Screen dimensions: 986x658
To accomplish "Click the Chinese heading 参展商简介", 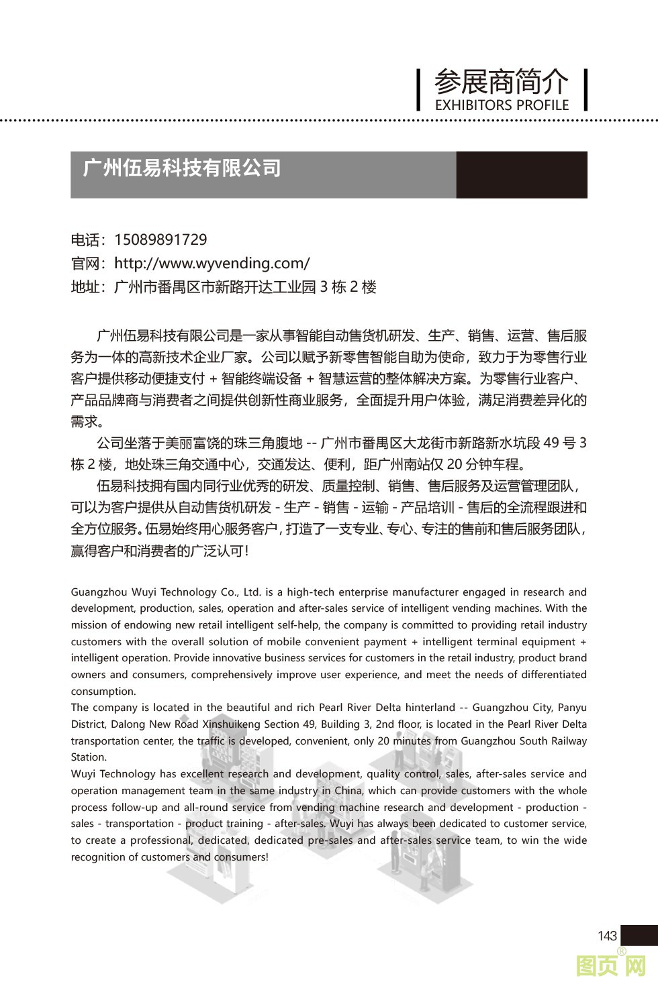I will [x=501, y=83].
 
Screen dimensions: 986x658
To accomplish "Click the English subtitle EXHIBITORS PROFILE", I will [x=502, y=105].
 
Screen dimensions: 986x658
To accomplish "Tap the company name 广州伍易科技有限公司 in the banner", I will [x=182, y=168].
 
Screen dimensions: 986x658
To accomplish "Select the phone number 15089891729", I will [x=160, y=239].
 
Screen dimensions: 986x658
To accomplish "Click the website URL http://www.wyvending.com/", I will [x=211, y=263].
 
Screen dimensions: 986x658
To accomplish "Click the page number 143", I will [x=606, y=936].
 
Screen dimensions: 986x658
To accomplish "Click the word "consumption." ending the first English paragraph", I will [x=103, y=692].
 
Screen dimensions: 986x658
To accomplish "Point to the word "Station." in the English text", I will [x=89, y=757].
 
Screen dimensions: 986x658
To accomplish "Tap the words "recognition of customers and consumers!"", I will [x=169, y=857].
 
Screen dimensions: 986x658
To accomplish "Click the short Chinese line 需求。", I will [x=87, y=422].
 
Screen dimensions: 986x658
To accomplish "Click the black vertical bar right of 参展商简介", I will [x=585, y=89].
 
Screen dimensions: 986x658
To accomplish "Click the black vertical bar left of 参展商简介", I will [x=418, y=89].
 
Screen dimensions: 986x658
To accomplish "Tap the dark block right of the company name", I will [x=522, y=174].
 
